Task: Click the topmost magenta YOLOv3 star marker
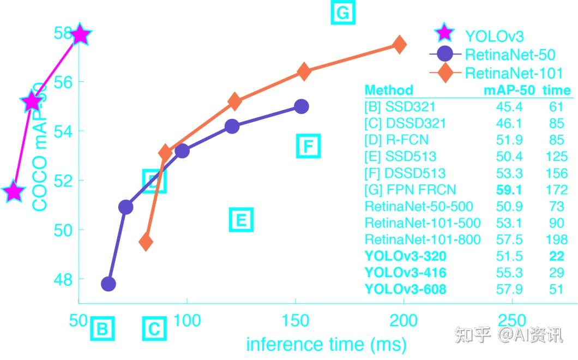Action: click(80, 34)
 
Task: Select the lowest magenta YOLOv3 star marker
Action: click(14, 191)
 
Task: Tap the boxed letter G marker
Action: click(343, 13)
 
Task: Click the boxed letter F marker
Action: click(308, 146)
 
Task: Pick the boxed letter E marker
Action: click(240, 220)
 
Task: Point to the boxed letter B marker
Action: click(103, 328)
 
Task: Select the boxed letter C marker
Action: click(154, 328)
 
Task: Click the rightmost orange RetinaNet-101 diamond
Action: click(399, 45)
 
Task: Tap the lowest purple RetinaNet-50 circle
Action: click(109, 284)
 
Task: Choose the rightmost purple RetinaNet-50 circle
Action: click(301, 106)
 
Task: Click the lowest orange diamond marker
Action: click(146, 242)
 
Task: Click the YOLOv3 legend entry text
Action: click(494, 36)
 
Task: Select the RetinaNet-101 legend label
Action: click(514, 73)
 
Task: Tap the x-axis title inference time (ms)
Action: click(326, 344)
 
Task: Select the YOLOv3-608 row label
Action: click(405, 289)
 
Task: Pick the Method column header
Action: click(389, 90)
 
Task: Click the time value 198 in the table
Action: click(556, 239)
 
